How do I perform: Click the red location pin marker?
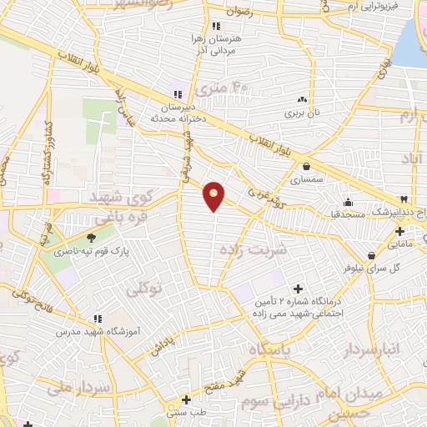click(214, 196)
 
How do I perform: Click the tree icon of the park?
click(91, 238)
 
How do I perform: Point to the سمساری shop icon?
click(307, 166)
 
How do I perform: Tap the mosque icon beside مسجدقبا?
click(348, 201)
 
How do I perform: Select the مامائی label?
click(400, 244)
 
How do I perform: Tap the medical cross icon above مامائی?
click(400, 231)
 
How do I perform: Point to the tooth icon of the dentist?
click(403, 199)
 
